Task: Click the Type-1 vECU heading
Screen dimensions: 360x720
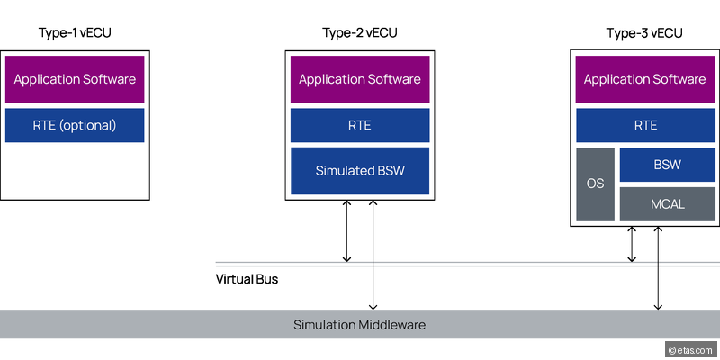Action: coord(75,33)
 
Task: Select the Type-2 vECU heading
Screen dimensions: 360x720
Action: coord(359,33)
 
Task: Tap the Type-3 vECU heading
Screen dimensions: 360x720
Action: coord(644,33)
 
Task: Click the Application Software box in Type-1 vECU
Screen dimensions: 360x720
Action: coord(75,79)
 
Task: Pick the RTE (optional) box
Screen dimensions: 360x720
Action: coord(75,125)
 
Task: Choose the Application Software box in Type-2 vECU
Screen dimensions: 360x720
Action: coord(359,79)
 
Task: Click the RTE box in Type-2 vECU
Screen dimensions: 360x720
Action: coord(359,125)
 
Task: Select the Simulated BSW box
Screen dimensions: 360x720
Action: coord(359,171)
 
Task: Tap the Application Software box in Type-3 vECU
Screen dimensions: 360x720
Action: coord(644,79)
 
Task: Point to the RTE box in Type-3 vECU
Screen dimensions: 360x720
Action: coord(644,125)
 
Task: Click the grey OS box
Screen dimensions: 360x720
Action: coord(595,184)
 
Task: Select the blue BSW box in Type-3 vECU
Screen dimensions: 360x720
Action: coord(667,165)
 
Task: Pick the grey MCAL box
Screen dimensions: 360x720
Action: coord(667,204)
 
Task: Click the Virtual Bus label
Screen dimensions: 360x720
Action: coord(247,279)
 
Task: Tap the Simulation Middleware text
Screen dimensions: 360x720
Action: coord(359,324)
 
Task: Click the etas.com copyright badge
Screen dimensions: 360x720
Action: coord(690,348)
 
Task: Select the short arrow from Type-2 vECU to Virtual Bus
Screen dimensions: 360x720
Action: coord(347,231)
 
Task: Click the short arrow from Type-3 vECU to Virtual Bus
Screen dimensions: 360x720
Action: coord(632,244)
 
